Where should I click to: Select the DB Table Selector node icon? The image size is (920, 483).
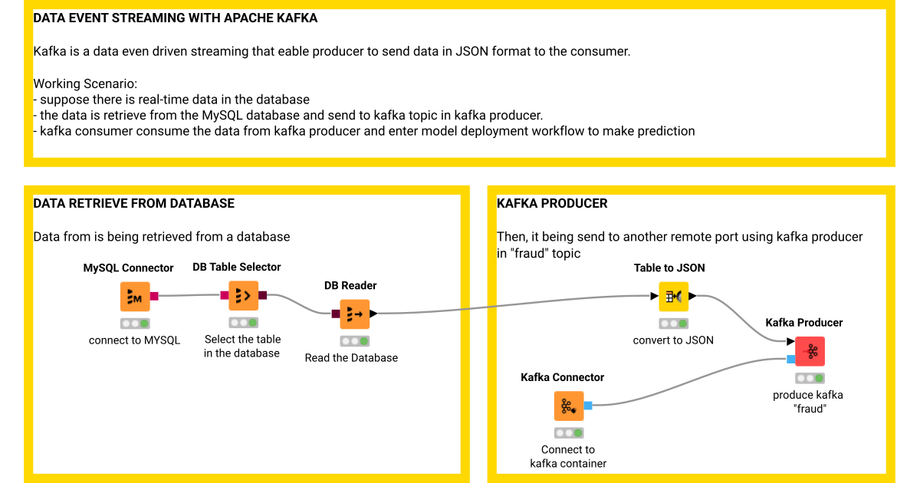[x=243, y=295]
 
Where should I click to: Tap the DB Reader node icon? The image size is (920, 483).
[x=354, y=314]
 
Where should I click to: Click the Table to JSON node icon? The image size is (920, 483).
[x=673, y=296]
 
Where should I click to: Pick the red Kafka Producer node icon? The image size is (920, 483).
[x=810, y=351]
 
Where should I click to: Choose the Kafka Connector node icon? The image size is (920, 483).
[x=568, y=406]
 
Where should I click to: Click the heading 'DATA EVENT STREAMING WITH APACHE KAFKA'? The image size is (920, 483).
[x=176, y=18]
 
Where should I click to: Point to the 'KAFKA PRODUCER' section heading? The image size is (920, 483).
[x=552, y=203]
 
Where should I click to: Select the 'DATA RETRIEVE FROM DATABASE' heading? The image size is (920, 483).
[x=134, y=203]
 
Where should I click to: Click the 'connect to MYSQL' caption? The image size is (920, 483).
[x=135, y=340]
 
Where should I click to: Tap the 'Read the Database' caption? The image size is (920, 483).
[x=351, y=357]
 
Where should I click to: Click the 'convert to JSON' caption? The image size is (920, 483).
[x=673, y=340]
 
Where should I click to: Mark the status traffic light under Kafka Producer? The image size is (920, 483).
[x=810, y=378]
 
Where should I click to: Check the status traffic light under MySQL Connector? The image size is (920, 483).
[x=135, y=324]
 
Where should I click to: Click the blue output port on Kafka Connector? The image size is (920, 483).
[x=588, y=406]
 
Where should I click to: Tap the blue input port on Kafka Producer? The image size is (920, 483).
[x=790, y=359]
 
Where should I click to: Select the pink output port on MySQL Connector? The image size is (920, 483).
[x=154, y=297]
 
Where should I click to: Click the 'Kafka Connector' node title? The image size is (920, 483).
[x=562, y=377]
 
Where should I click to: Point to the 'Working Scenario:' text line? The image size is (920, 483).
[x=85, y=84]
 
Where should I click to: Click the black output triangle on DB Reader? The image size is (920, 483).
[x=373, y=313]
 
